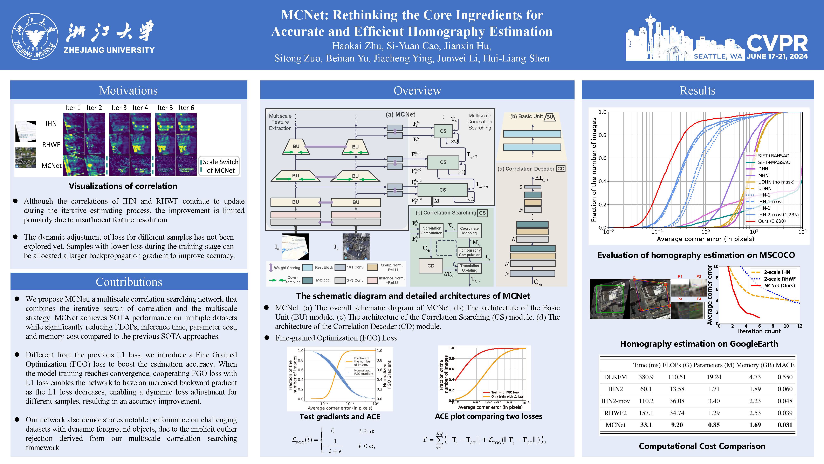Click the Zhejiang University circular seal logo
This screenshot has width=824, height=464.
[x=35, y=36]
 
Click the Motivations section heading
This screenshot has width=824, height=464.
[x=128, y=91]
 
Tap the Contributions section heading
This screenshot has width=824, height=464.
[x=129, y=282]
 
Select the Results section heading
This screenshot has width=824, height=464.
[x=697, y=91]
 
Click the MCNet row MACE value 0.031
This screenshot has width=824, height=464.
[x=785, y=425]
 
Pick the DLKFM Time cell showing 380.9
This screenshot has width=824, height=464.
[x=646, y=377]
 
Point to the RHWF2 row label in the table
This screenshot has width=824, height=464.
[x=615, y=413]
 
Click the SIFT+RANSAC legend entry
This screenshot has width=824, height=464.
[x=773, y=156]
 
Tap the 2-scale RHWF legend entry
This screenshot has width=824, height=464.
[x=780, y=279]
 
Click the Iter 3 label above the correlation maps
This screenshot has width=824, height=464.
[x=119, y=108]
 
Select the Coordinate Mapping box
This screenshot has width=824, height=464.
[x=469, y=231]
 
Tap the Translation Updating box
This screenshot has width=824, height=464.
[x=469, y=268]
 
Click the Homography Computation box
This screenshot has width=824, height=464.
[x=469, y=253]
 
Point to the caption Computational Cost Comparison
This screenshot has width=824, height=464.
[x=702, y=446]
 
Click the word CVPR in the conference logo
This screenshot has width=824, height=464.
[x=777, y=44]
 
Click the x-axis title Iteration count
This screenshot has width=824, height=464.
[x=759, y=331]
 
